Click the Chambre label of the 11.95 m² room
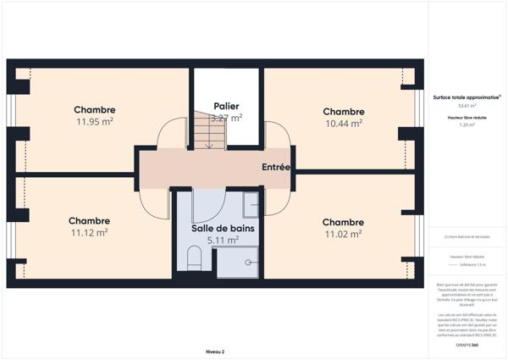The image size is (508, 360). [x=94, y=110]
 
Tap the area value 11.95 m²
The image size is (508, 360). [x=94, y=121]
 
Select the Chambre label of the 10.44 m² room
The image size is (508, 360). [x=343, y=112]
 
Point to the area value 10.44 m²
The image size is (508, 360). [x=343, y=123]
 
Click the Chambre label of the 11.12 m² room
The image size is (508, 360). [x=89, y=221]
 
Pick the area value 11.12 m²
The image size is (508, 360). [x=89, y=232]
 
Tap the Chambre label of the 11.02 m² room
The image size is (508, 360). [x=343, y=223]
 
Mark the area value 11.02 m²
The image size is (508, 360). [x=343, y=234]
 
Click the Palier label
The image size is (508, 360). [x=226, y=107]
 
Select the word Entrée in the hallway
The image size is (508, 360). [x=276, y=168]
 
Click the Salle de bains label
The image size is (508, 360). [x=223, y=229]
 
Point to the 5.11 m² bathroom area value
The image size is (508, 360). [x=223, y=240]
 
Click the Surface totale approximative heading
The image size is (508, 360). [x=467, y=97]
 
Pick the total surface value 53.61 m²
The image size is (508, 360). [x=467, y=106]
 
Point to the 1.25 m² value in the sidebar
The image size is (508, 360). [x=467, y=125]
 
